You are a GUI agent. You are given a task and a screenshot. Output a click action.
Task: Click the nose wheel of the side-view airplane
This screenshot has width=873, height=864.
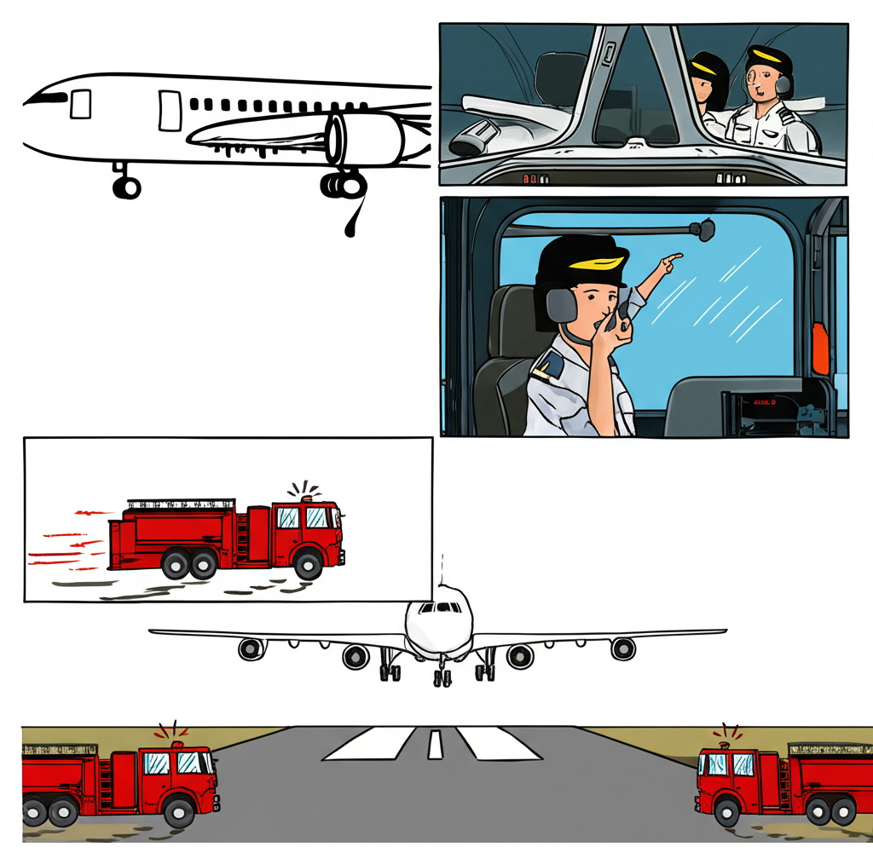(126, 187)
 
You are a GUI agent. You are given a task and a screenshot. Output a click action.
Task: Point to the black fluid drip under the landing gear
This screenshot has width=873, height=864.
(351, 226)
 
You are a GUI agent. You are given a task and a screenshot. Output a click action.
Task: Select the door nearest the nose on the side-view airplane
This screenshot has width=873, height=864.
(81, 104)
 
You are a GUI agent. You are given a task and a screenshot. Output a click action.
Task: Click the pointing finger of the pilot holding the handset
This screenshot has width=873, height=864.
(674, 256)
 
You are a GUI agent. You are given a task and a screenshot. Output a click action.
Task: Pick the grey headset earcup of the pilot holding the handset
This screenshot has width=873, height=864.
(560, 304)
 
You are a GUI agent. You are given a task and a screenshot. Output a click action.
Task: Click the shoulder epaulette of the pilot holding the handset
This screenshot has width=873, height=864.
(547, 366)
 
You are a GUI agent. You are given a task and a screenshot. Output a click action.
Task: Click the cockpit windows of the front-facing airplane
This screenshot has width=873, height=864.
(440, 608)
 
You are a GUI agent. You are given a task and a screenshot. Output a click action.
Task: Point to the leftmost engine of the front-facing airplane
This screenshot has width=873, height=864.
(251, 649)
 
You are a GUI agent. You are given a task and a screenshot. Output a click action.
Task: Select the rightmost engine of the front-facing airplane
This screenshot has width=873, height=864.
(624, 648)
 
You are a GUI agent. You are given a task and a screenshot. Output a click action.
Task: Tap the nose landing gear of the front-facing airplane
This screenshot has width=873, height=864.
(442, 677)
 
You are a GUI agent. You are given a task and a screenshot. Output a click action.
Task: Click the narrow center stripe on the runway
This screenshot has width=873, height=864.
(436, 744)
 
